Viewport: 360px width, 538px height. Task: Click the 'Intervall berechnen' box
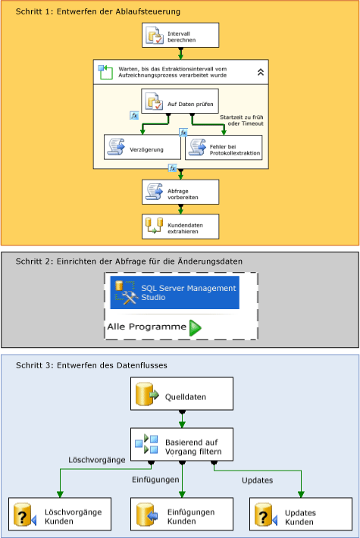pos(180,35)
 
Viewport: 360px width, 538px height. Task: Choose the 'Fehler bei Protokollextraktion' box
pos(224,148)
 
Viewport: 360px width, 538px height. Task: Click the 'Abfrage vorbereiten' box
pos(180,192)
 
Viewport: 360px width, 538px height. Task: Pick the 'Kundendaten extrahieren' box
pos(180,226)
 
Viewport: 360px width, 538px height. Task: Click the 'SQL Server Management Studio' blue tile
pos(174,292)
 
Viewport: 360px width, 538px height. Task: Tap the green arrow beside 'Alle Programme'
pos(196,327)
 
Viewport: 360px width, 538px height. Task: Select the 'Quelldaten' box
pos(180,395)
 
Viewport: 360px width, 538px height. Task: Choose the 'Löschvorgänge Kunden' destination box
pos(60,517)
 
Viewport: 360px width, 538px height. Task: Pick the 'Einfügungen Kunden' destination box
pos(180,517)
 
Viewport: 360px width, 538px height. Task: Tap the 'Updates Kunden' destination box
pos(300,517)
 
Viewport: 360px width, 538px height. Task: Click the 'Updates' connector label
pos(258,480)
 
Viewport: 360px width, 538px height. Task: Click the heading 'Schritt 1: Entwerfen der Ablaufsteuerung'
pos(98,12)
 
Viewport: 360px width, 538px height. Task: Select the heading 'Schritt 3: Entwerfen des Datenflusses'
pos(91,365)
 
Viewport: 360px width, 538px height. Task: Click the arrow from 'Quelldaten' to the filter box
pos(180,419)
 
